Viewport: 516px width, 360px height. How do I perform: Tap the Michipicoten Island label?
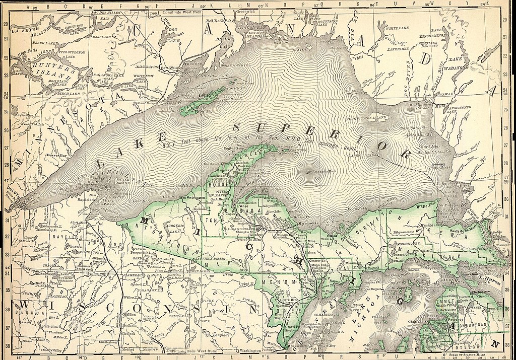[373, 117]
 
